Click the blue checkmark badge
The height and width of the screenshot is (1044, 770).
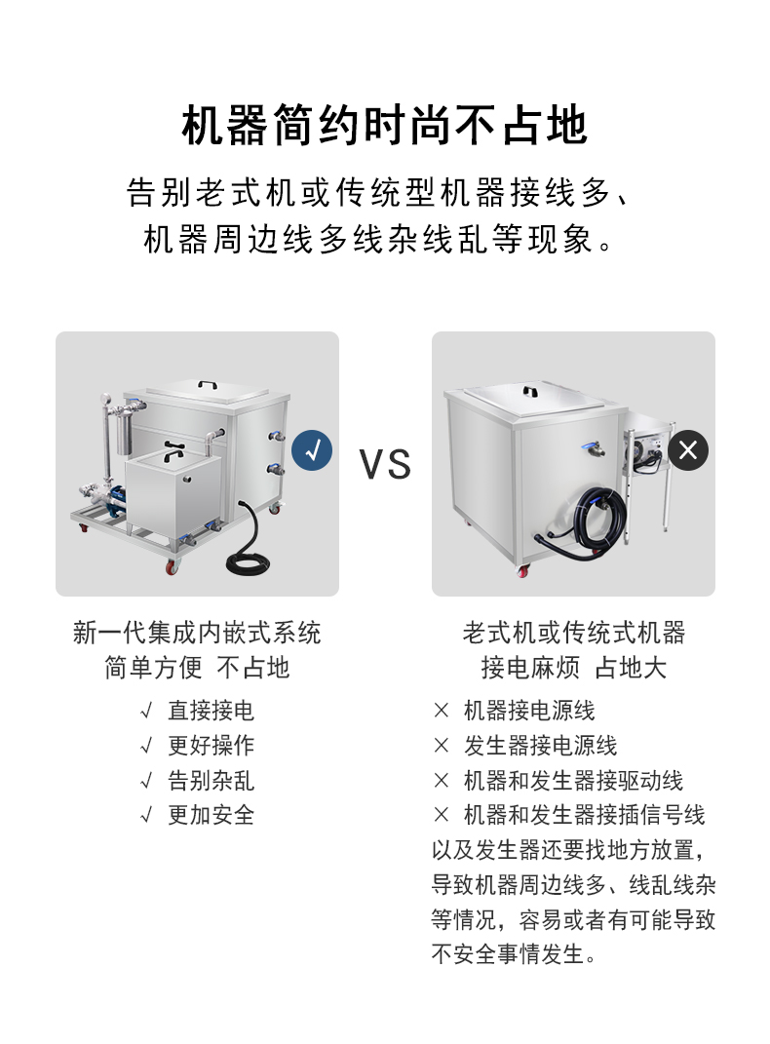click(x=312, y=450)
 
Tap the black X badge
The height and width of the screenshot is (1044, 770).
click(x=688, y=450)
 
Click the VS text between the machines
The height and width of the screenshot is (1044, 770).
click(x=385, y=464)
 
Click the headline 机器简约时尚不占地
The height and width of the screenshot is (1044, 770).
click(x=385, y=125)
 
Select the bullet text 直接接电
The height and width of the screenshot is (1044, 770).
click(x=211, y=711)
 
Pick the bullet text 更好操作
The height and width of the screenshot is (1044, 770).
click(x=211, y=745)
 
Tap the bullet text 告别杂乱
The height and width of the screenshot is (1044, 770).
click(x=211, y=781)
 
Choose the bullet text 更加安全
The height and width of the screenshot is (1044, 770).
click(x=211, y=815)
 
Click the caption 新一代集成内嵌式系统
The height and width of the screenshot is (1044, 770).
click(x=197, y=633)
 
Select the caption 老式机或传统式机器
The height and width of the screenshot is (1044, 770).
click(x=574, y=633)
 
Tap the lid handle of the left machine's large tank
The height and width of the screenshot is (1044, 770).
click(x=209, y=384)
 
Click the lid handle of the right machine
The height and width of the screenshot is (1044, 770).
click(x=530, y=392)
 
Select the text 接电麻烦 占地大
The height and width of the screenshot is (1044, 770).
click(x=574, y=668)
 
